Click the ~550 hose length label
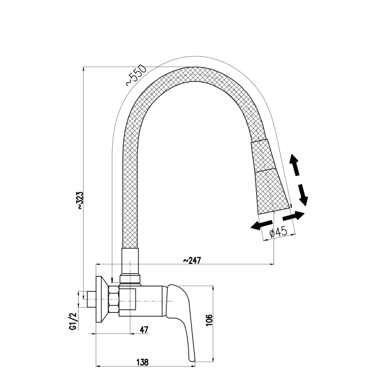coord(135,76)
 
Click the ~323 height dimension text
coord(80,201)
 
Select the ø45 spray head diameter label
coord(278,232)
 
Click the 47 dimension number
coord(144,330)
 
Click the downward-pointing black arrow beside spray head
coord(303,194)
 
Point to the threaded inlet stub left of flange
coord(92,299)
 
